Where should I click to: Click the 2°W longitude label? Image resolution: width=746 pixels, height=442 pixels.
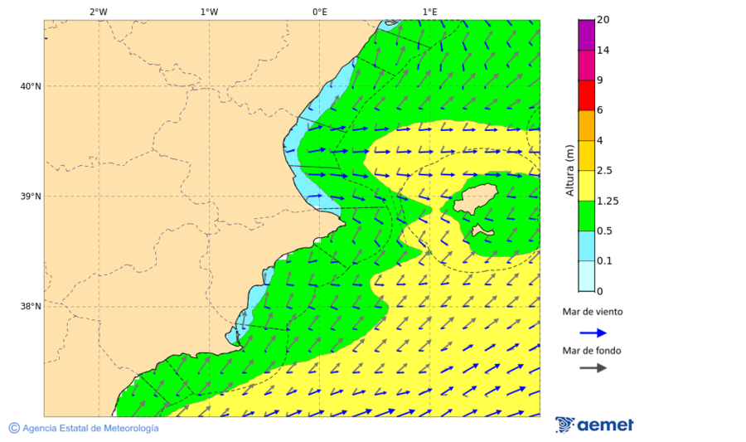click(x=98, y=12)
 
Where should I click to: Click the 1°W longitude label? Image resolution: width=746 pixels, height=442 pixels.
click(x=209, y=12)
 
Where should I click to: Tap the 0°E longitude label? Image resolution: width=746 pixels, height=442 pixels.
click(x=319, y=12)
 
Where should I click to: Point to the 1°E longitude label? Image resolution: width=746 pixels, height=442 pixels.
click(x=430, y=12)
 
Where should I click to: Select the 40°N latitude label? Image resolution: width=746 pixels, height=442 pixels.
click(x=31, y=86)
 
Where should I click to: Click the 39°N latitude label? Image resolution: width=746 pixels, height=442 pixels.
click(x=31, y=197)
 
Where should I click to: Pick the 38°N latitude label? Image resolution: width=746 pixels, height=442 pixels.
click(x=31, y=307)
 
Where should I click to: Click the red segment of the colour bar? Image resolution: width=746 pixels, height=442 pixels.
click(x=587, y=95)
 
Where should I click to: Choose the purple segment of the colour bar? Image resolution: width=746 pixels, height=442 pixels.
click(x=587, y=35)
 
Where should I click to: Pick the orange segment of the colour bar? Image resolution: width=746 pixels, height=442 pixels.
click(x=587, y=125)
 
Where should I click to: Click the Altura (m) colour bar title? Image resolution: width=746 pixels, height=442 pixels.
click(x=569, y=170)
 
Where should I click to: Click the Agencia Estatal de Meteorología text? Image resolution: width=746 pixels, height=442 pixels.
click(x=90, y=428)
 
